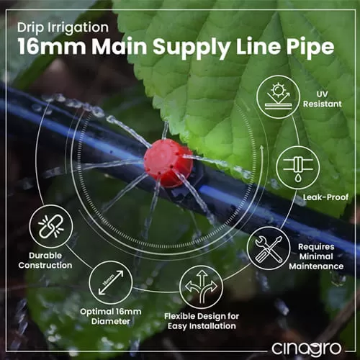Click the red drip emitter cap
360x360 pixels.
tap(168, 163)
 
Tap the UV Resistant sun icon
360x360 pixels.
tap(279, 97)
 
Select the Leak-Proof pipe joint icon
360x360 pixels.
tap(298, 168)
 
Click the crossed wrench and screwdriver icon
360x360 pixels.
tap(269, 248)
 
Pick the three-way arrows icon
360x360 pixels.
tap(202, 287)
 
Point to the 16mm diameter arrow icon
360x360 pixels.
tap(111, 282)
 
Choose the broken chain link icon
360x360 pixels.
tap(51, 227)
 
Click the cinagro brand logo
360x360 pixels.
tap(306, 348)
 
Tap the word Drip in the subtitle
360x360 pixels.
tap(31, 27)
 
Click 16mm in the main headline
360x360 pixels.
tap(52, 46)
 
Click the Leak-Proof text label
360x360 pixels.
tap(325, 197)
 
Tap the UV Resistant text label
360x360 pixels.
tap(323, 99)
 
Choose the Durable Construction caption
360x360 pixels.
tap(45, 261)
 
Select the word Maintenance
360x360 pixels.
tap(316, 266)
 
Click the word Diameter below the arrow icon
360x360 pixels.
tap(111, 321)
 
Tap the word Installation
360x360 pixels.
tap(212, 326)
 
